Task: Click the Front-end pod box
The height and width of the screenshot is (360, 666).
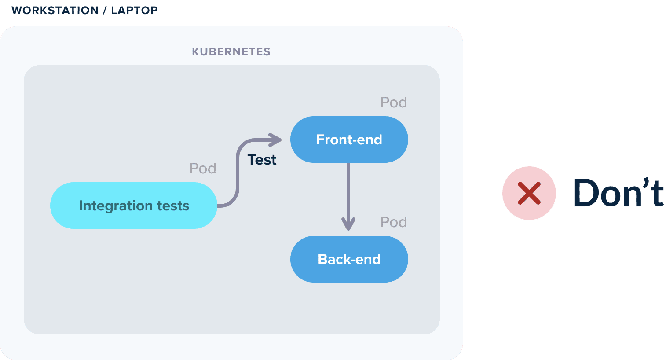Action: point(349,140)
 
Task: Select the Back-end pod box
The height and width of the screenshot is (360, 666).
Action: point(349,259)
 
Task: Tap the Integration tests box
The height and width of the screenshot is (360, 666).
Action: point(134,206)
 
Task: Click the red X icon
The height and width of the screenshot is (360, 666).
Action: point(529,193)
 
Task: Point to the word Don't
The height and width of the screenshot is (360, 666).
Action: point(618,193)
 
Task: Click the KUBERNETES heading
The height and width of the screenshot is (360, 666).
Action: point(231,52)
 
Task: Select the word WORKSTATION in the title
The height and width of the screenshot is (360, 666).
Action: point(55,11)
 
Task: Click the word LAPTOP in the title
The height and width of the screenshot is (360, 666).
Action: point(135,11)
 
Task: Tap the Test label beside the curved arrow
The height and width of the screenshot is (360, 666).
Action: point(262,160)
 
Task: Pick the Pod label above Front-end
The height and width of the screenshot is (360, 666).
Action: point(394,103)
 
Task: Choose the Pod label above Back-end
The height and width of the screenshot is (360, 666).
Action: point(394,222)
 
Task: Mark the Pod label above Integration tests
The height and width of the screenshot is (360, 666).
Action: point(203,169)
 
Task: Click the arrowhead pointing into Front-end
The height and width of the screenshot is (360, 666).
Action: point(275,140)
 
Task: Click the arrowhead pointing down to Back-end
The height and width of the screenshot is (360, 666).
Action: point(348,224)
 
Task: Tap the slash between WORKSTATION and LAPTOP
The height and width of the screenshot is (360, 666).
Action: point(105,11)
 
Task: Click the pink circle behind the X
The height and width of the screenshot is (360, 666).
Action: point(529,193)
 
